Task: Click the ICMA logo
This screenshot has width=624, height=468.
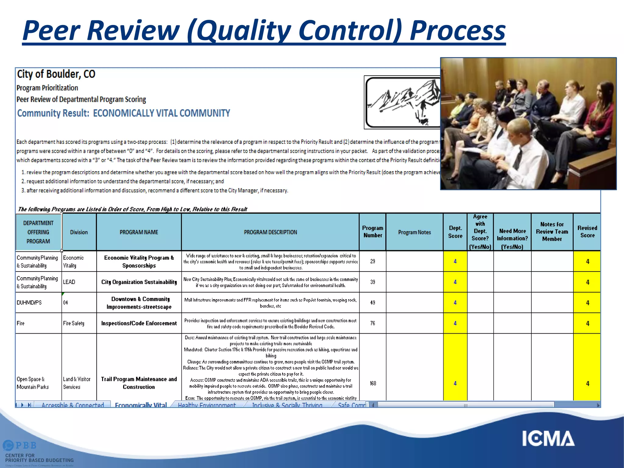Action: coord(548,439)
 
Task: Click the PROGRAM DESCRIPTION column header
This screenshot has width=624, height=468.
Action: coord(270,232)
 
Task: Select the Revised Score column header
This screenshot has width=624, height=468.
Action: coord(587,232)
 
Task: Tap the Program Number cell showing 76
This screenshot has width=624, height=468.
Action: coord(372,323)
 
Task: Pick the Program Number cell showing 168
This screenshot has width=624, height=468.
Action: coord(373,383)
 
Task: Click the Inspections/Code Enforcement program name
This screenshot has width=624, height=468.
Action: coord(139,323)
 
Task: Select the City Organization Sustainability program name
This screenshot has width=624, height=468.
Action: coord(139,282)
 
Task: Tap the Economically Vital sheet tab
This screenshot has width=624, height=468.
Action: coord(141,405)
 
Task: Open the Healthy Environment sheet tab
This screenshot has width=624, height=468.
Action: coord(207,405)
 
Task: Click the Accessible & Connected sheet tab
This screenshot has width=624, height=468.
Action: coord(73,405)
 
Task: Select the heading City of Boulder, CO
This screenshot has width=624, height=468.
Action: coord(56,74)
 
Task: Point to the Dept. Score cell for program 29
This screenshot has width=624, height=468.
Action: coord(455,261)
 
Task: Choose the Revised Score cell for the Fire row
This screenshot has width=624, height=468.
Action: coord(587,323)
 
